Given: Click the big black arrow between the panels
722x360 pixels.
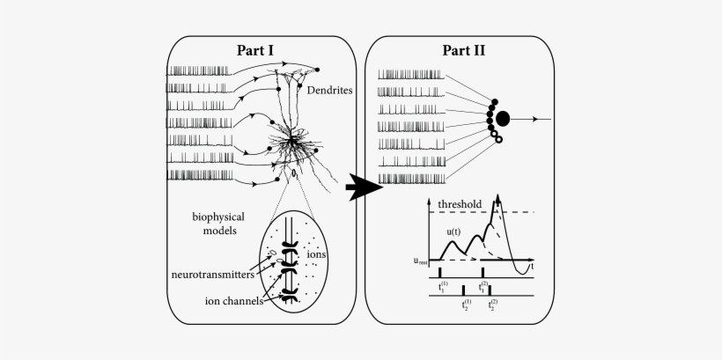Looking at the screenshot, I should click(x=362, y=187).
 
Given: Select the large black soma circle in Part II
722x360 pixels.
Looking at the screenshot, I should click(x=503, y=118).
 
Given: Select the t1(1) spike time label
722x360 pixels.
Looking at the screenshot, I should click(x=441, y=287).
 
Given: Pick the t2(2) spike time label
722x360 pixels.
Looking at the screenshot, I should click(x=491, y=305).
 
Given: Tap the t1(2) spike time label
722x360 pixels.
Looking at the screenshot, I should click(x=483, y=287).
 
